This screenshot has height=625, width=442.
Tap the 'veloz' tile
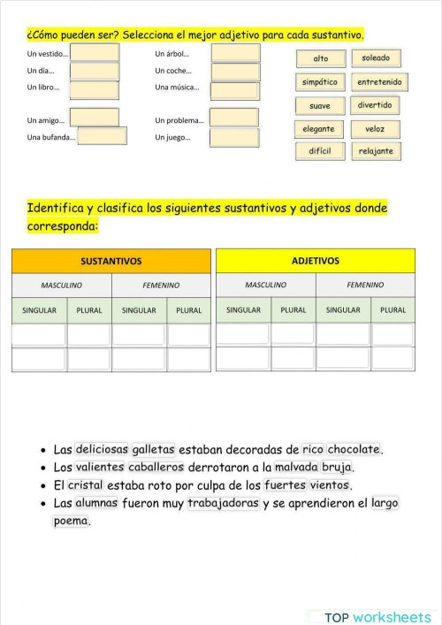tap(375, 129)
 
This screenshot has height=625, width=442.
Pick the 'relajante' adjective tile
tap(376, 151)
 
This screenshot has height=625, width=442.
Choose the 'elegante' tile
tap(318, 129)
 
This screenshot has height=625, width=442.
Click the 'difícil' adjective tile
tap(319, 151)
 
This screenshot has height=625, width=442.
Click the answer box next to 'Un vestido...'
tap(95, 53)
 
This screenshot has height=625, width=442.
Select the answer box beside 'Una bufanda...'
tap(103, 136)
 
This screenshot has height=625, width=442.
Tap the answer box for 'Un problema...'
tap(233, 118)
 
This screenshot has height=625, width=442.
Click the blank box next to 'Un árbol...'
tap(235, 53)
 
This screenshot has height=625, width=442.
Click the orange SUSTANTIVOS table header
tap(111, 261)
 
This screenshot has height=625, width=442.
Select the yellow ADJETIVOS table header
tap(315, 261)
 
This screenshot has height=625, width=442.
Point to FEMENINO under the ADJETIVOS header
tap(365, 285)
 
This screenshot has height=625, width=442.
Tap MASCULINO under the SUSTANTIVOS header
tap(62, 285)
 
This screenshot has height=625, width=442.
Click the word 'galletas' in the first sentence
tap(153, 449)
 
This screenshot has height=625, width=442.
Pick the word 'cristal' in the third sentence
tap(85, 485)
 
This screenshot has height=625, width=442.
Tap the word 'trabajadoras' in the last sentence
tap(223, 503)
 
